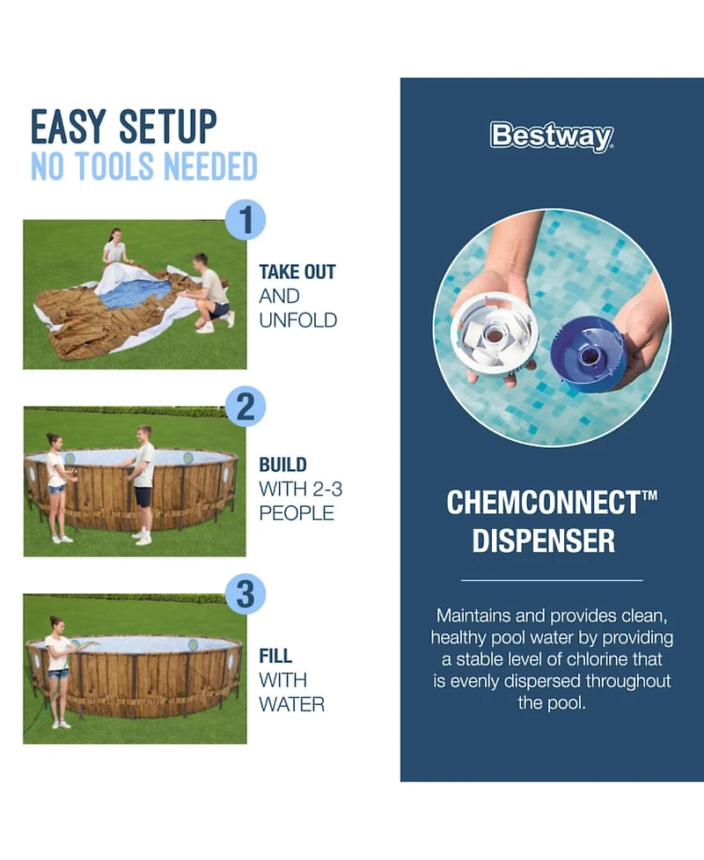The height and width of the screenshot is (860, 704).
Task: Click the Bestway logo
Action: [551, 137]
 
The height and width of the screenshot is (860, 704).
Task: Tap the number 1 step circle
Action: [246, 219]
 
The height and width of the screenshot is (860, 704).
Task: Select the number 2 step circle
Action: [246, 407]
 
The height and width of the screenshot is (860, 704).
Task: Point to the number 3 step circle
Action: [246, 594]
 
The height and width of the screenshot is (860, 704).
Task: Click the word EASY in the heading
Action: [70, 127]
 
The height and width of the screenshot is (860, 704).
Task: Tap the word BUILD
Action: [282, 464]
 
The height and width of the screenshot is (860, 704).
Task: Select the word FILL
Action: [275, 656]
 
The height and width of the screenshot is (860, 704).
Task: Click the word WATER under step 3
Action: [291, 704]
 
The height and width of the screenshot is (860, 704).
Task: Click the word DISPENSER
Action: [543, 541]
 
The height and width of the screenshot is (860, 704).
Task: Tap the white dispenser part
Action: [493, 334]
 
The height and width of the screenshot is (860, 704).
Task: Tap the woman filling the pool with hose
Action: [58, 669]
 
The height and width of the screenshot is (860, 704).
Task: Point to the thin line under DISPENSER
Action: [552, 580]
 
